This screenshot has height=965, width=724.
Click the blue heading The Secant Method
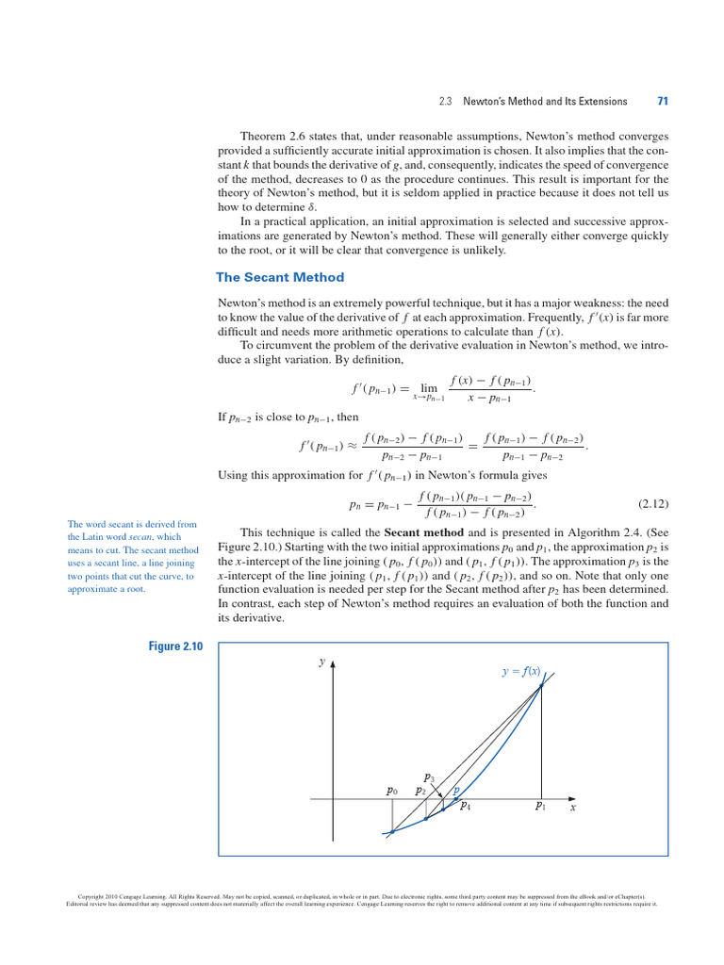(280, 277)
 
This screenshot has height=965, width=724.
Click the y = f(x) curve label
(520, 671)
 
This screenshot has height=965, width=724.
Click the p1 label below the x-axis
(541, 806)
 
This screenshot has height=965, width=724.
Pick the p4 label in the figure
(465, 806)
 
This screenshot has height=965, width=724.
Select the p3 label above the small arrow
(429, 777)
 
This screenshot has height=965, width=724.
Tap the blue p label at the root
(456, 791)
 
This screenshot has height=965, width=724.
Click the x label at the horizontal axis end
(572, 808)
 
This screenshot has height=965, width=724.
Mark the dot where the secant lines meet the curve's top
(541, 687)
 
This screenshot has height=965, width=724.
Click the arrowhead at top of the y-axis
(333, 664)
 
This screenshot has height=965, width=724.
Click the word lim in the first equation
(429, 387)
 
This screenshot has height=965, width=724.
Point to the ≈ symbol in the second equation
(352, 447)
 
